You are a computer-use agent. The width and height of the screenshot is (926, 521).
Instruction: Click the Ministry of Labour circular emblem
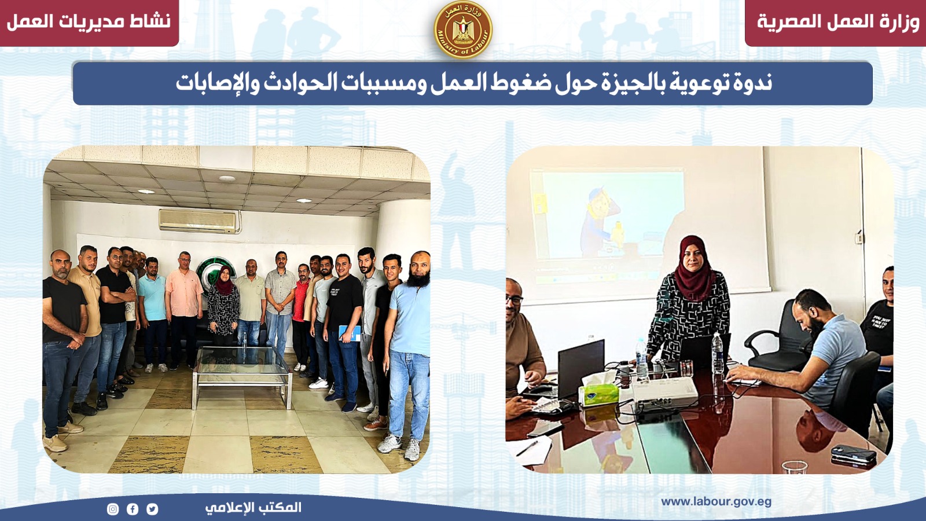click(463, 30)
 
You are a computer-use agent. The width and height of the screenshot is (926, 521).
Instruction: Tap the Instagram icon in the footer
click(113, 509)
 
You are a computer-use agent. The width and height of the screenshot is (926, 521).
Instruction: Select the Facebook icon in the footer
click(133, 509)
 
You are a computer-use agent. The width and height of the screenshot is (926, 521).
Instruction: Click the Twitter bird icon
click(152, 509)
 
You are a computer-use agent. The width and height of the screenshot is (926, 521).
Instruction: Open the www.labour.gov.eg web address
click(716, 502)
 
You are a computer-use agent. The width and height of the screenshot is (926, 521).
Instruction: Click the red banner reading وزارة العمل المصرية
click(836, 23)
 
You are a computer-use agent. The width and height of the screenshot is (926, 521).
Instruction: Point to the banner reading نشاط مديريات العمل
click(89, 23)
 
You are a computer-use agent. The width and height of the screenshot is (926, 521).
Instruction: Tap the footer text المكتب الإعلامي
click(253, 508)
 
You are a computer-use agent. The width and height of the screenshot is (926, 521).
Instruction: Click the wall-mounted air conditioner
click(199, 221)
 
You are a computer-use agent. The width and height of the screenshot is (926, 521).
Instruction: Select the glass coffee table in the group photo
click(242, 376)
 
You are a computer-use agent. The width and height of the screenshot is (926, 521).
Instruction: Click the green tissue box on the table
click(598, 394)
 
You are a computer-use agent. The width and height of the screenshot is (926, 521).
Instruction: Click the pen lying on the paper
click(527, 448)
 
